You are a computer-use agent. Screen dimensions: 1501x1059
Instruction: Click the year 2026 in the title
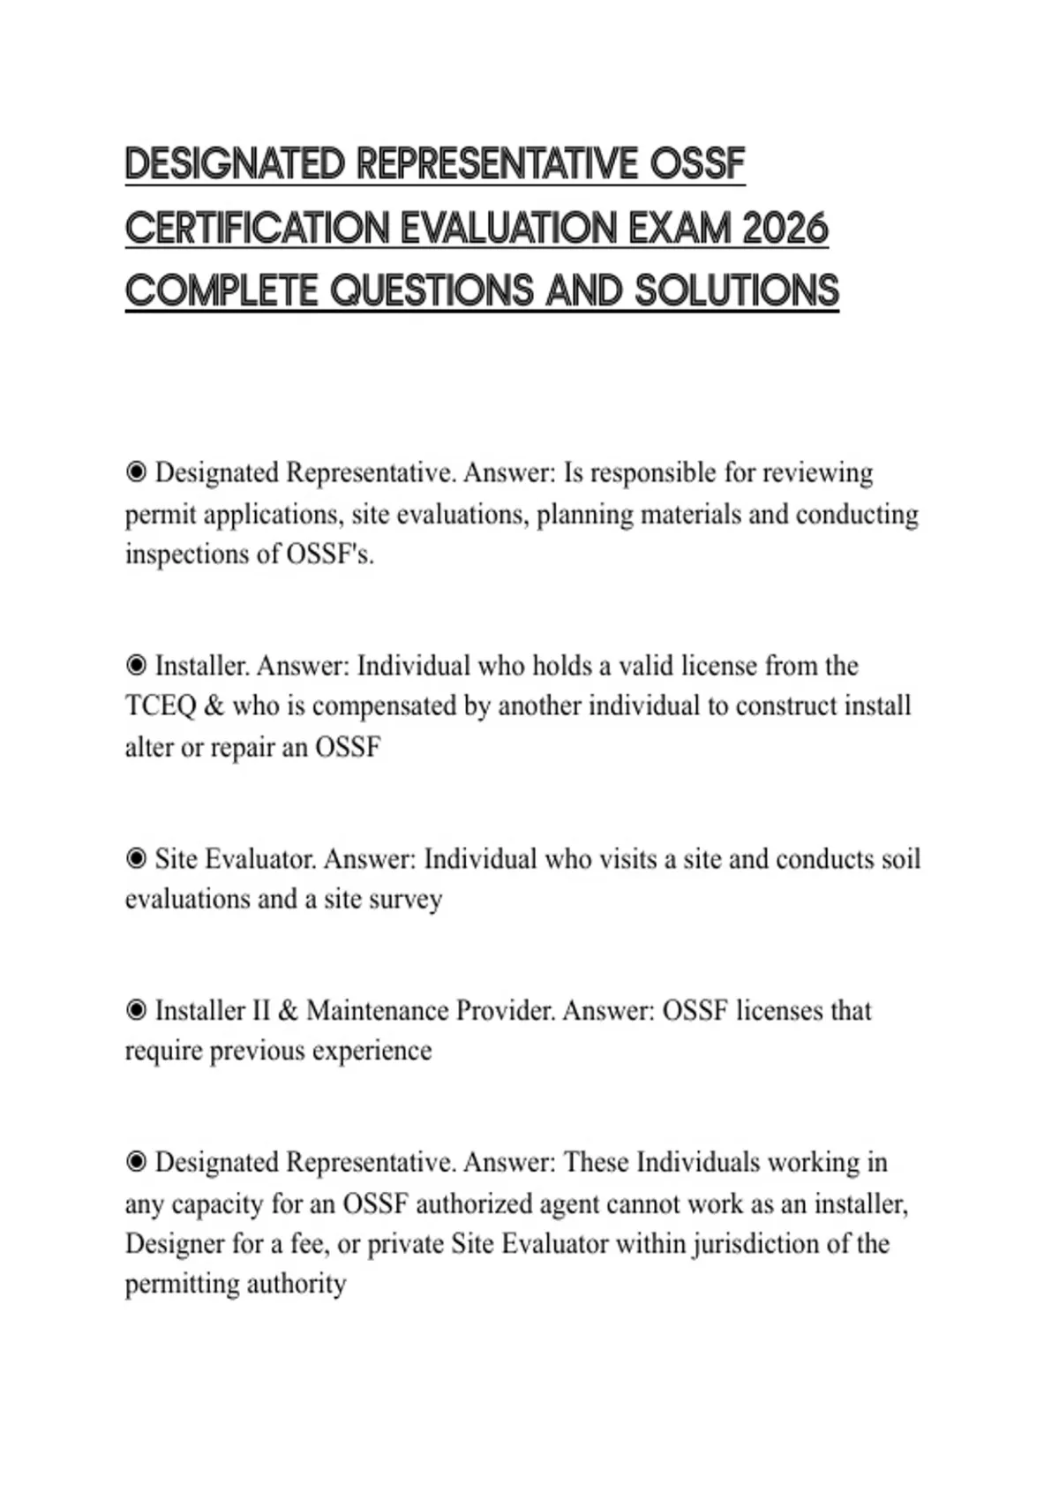(785, 229)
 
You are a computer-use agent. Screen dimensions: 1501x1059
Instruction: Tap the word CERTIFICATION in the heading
(257, 229)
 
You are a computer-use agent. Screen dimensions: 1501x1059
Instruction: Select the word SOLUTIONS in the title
(736, 291)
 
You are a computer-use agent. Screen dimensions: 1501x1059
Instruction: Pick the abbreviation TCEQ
(160, 706)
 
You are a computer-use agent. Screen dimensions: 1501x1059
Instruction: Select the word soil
(901, 859)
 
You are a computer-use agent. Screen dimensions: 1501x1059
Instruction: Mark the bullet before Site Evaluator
(136, 859)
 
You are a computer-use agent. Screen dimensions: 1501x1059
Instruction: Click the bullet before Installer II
(136, 1010)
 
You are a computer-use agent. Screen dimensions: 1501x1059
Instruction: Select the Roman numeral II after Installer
(260, 1010)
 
